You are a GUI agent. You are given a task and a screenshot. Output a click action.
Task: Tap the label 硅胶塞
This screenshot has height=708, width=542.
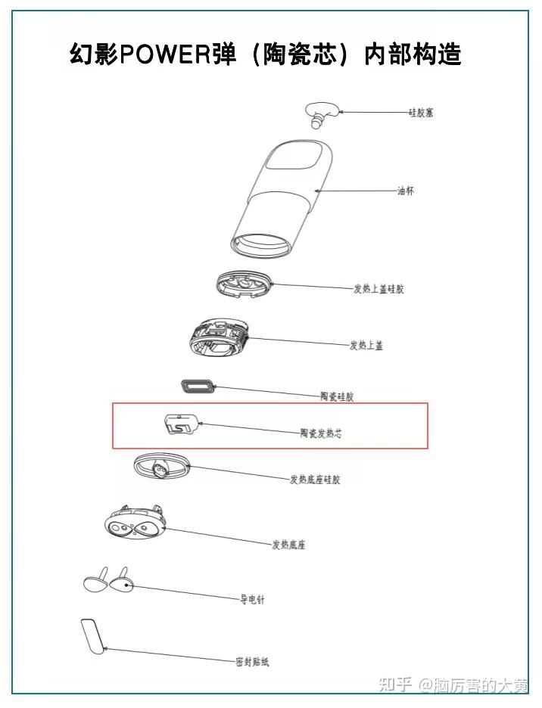pyautogui.click(x=421, y=113)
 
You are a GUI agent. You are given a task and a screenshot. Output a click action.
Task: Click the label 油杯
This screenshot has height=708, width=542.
pyautogui.click(x=406, y=191)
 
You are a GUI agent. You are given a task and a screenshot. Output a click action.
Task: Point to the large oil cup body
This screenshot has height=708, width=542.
pyautogui.click(x=281, y=199)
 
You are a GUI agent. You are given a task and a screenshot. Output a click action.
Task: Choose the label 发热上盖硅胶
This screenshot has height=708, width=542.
pyautogui.click(x=378, y=289)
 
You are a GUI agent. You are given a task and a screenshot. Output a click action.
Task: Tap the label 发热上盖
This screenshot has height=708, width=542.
pyautogui.click(x=366, y=346)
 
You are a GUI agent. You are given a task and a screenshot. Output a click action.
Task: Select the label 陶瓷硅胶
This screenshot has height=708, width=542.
pyautogui.click(x=337, y=396)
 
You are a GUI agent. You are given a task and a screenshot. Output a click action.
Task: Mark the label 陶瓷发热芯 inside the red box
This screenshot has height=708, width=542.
pyautogui.click(x=322, y=433)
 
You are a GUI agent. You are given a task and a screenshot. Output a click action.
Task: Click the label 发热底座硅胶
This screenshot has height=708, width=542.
pyautogui.click(x=315, y=480)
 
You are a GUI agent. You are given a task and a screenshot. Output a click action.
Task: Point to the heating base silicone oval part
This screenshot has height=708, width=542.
pyautogui.click(x=161, y=466)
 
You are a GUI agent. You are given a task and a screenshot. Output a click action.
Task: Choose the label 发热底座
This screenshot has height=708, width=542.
pyautogui.click(x=288, y=545)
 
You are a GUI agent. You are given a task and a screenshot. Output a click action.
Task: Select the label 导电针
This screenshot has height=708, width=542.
pyautogui.click(x=252, y=600)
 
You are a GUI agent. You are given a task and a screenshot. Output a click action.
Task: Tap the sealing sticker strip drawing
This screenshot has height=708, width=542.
pyautogui.click(x=92, y=635)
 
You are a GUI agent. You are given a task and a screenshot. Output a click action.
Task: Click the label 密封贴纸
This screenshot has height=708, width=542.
pyautogui.click(x=253, y=662)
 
